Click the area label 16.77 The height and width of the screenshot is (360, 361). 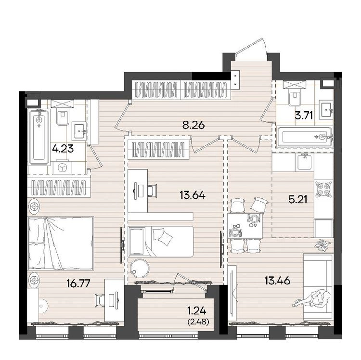point(78,283)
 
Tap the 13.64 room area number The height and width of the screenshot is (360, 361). point(193,195)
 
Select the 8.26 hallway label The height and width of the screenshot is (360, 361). point(193,126)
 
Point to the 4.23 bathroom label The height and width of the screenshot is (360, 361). point(63,148)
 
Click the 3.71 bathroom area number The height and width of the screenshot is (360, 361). point(304,116)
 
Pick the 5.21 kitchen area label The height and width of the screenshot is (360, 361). point(297,200)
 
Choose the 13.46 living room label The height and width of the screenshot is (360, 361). point(277,281)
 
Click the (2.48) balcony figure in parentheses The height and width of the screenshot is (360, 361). point(198,322)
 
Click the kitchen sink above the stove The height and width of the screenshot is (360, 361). point(305,162)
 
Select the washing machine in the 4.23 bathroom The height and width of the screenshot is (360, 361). point(62,167)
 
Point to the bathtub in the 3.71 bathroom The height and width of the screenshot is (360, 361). point(305,137)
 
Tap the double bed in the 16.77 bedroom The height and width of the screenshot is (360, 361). point(61,243)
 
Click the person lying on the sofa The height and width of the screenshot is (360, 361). point(311,299)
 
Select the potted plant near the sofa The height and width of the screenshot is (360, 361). point(322,245)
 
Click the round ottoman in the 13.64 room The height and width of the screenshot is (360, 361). point(139,269)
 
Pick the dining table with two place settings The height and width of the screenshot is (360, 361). point(245,226)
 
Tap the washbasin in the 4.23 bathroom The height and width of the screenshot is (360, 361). point(79,131)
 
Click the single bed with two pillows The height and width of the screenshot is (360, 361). point(161,242)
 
